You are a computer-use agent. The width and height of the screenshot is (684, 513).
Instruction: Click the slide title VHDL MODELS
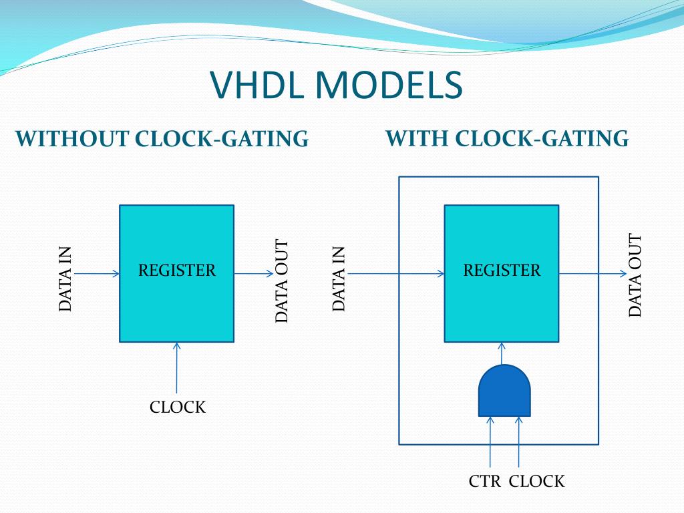(x=336, y=85)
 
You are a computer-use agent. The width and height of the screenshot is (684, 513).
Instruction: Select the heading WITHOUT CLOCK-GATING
(x=162, y=139)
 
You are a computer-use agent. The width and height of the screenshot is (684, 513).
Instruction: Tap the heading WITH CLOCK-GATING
(x=507, y=138)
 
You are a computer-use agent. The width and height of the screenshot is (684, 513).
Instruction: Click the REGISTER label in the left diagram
(x=177, y=271)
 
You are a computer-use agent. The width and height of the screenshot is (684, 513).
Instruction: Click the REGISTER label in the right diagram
(x=502, y=271)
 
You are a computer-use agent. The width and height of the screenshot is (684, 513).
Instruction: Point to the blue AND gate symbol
(x=504, y=391)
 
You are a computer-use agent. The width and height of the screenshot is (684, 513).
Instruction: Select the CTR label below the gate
(x=484, y=481)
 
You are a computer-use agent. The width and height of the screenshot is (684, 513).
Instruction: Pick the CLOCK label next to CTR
(x=537, y=481)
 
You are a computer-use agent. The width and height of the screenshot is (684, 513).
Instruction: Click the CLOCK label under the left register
(x=178, y=407)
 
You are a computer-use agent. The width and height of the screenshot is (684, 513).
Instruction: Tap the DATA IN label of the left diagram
(x=65, y=279)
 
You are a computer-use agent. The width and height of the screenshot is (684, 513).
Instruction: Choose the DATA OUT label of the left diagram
(x=282, y=281)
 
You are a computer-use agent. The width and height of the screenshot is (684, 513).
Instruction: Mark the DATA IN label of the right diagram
(x=339, y=279)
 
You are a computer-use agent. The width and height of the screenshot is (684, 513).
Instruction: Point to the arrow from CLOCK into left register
(x=177, y=367)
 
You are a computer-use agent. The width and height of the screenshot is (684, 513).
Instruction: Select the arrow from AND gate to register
(x=502, y=353)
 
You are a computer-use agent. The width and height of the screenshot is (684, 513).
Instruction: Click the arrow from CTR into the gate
(x=490, y=442)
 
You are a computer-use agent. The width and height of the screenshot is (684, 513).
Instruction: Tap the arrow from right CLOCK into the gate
(x=518, y=442)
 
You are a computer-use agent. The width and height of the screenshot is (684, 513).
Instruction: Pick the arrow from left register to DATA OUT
(x=254, y=273)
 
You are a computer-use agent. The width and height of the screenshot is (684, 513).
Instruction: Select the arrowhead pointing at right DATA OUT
(x=623, y=273)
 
